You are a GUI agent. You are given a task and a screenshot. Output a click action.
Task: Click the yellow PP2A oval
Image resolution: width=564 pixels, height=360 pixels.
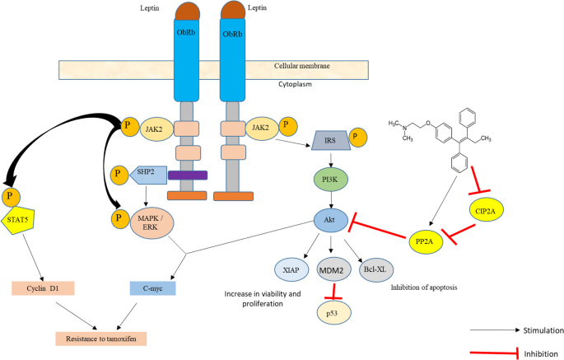427,241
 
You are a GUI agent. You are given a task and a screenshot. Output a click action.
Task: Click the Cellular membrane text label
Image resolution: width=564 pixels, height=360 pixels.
305,67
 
